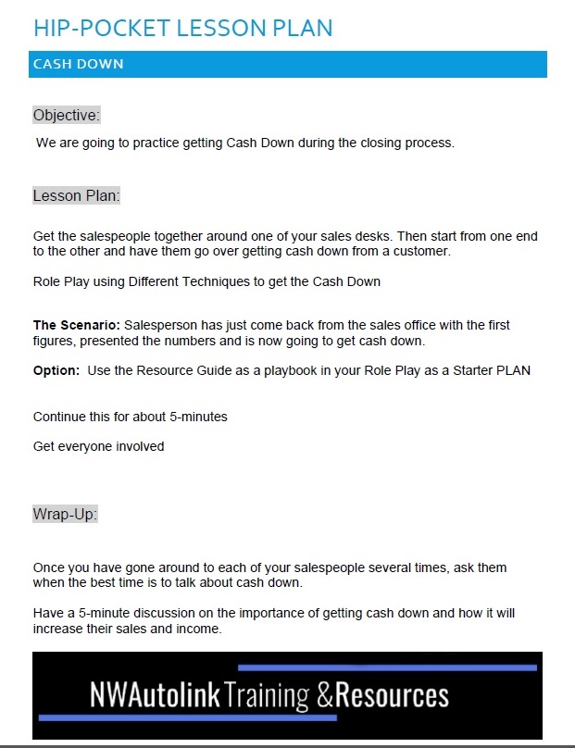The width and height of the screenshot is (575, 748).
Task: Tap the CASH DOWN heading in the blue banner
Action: coord(78,64)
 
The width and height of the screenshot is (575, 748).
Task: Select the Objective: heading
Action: coord(66,116)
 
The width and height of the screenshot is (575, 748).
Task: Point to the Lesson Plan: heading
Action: coord(76,196)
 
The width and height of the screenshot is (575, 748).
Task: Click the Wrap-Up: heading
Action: coord(65,514)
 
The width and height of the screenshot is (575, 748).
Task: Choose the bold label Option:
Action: coord(57,371)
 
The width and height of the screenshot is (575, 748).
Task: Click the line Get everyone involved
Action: coord(98,446)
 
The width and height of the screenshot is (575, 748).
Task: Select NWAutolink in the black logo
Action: coord(155,696)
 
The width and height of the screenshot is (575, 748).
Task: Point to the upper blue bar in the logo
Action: coord(387,667)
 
